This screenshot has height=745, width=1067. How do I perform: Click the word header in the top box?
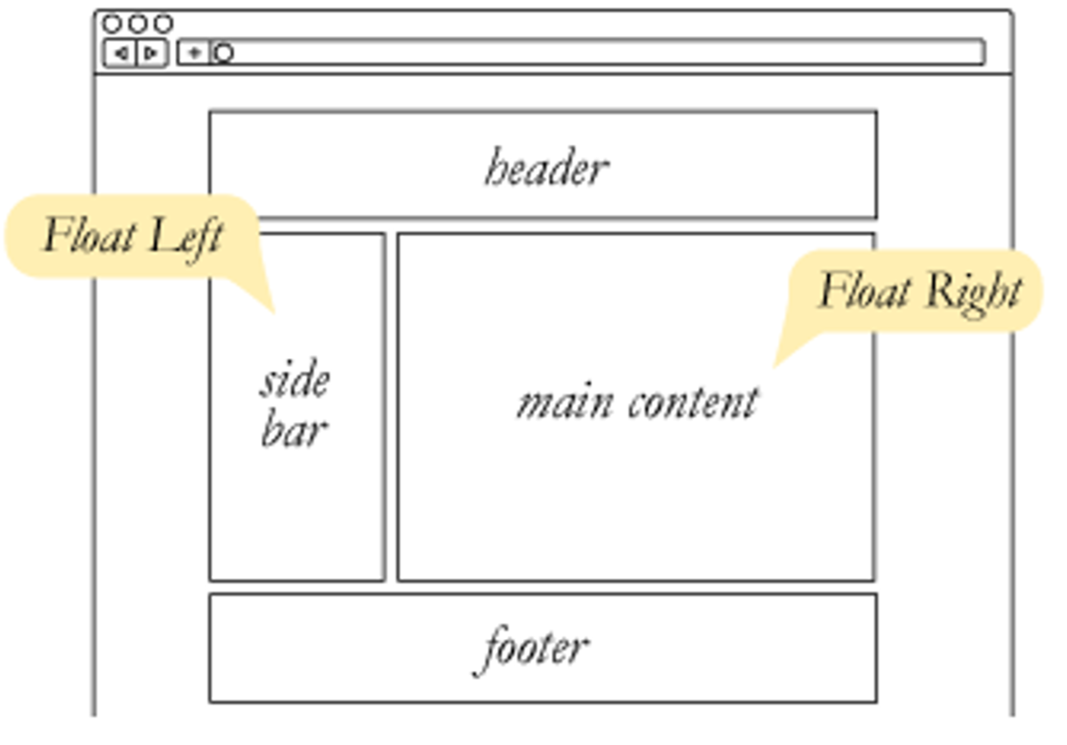[546, 168]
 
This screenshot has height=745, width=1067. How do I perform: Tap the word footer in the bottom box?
[534, 648]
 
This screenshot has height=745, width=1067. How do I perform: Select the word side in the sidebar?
[295, 381]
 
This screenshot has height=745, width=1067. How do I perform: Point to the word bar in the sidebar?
[294, 430]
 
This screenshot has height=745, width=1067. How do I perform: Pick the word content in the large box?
[693, 402]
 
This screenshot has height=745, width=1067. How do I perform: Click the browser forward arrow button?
[152, 53]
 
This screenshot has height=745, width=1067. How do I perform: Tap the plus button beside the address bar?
[194, 53]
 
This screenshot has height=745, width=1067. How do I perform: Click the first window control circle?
[112, 23]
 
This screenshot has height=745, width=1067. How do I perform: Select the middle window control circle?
[138, 23]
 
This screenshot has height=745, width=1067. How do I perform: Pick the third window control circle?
[164, 23]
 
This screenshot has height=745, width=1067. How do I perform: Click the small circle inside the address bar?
[223, 53]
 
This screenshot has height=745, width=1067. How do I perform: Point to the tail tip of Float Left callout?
[273, 311]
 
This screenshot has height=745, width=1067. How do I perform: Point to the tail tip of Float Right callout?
[774, 365]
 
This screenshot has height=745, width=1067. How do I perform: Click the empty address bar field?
[603, 53]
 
